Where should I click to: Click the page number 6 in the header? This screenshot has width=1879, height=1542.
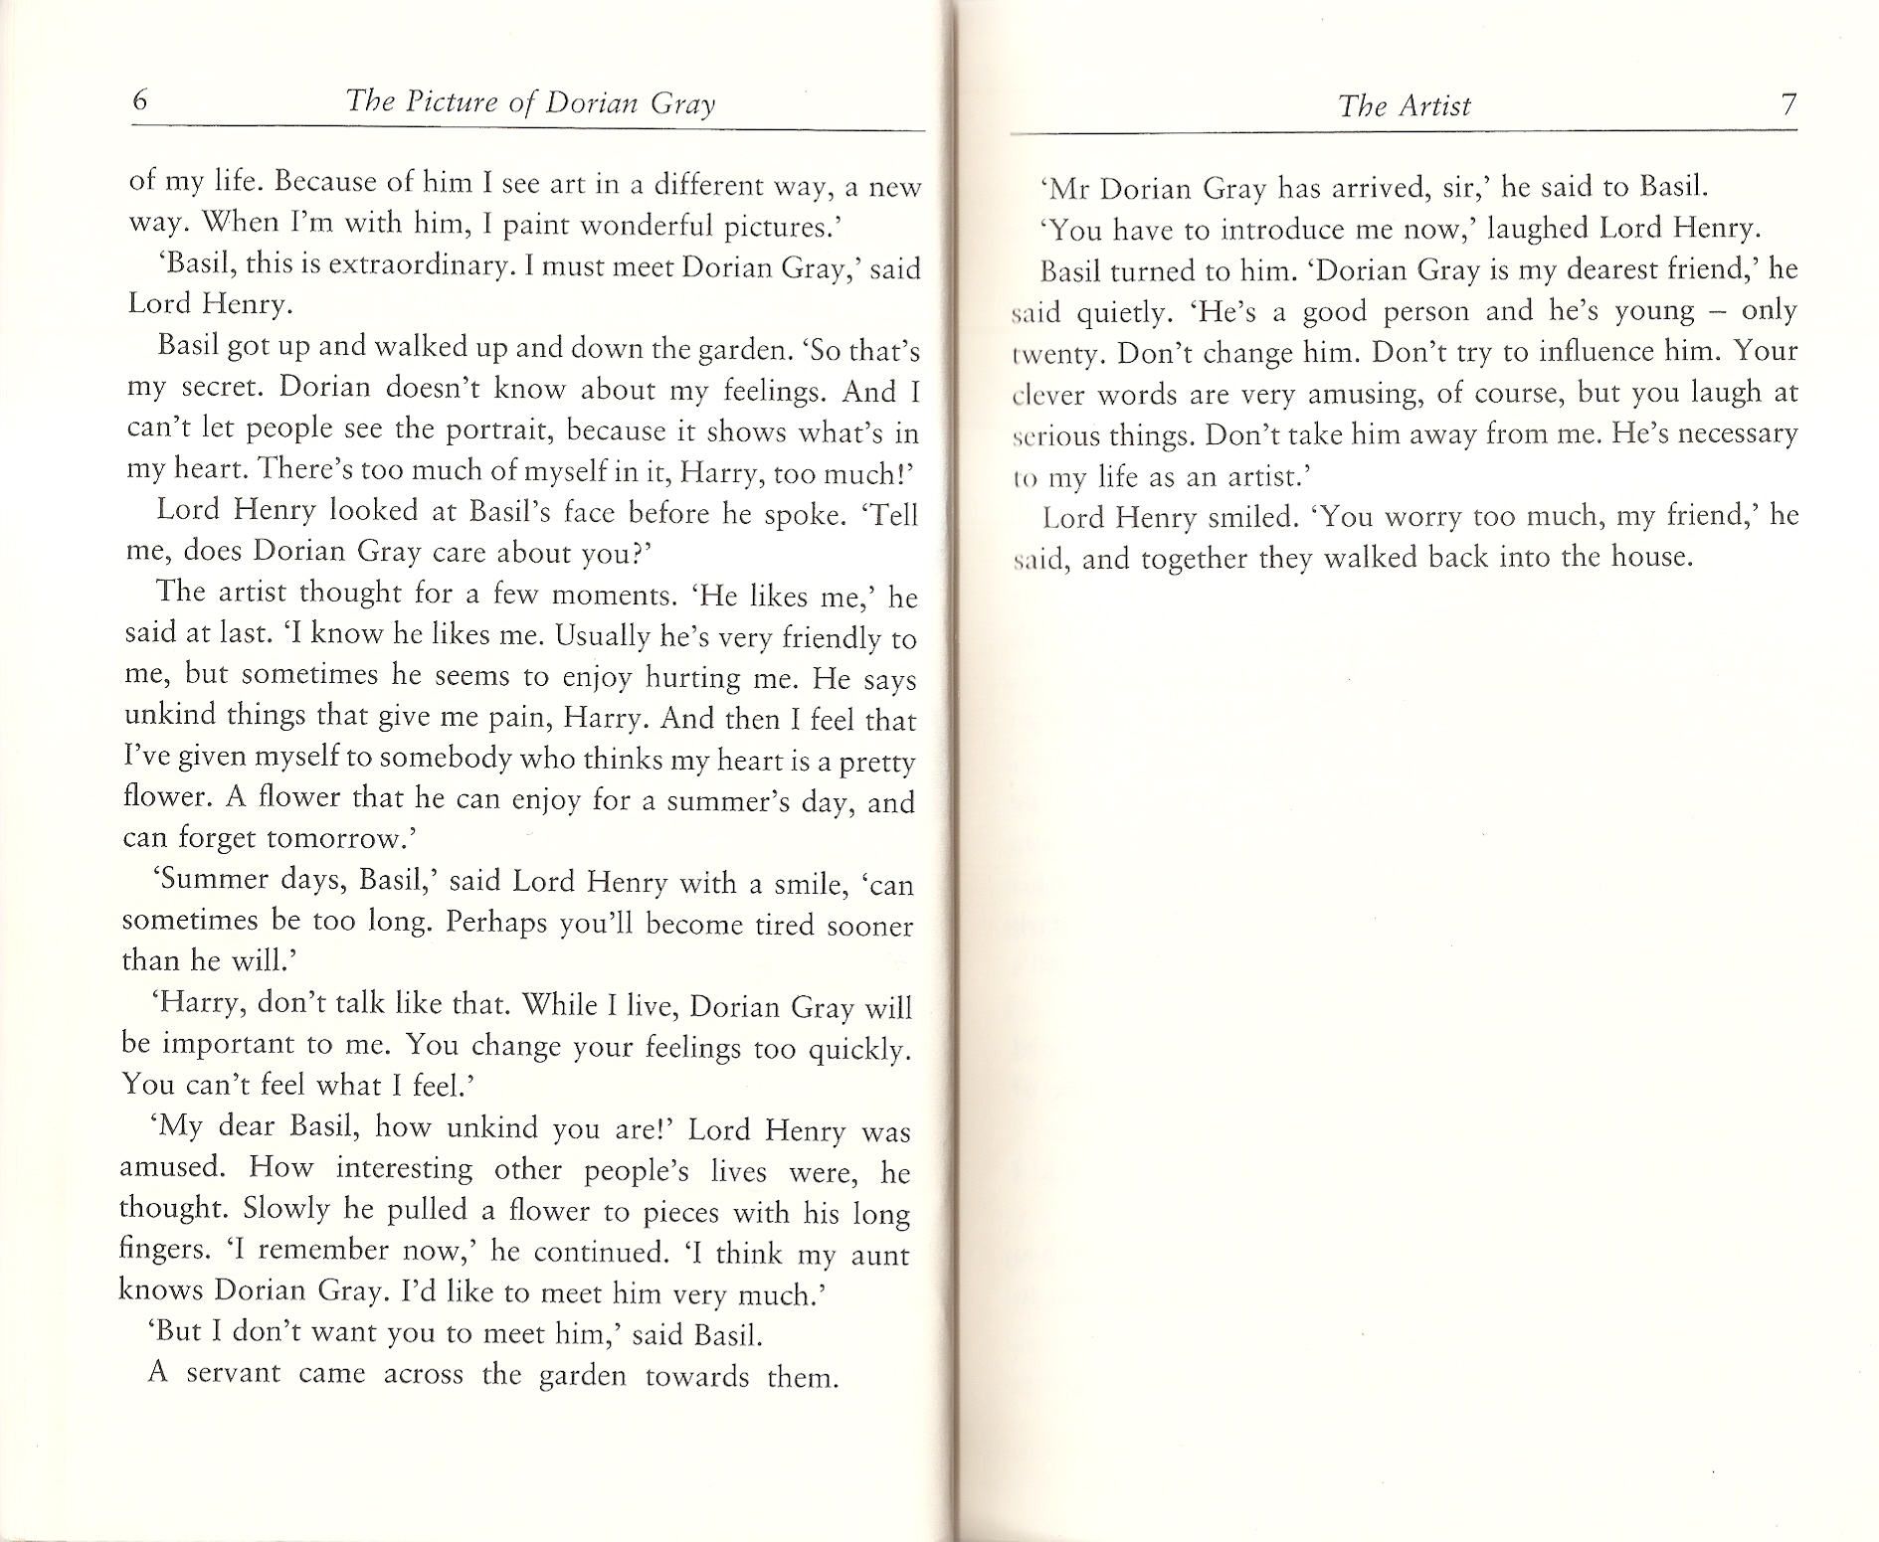click(140, 101)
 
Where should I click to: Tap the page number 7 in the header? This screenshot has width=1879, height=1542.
click(1788, 104)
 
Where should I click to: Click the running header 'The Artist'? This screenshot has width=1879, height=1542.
click(1404, 105)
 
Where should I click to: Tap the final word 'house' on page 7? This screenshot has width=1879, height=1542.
click(1645, 557)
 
